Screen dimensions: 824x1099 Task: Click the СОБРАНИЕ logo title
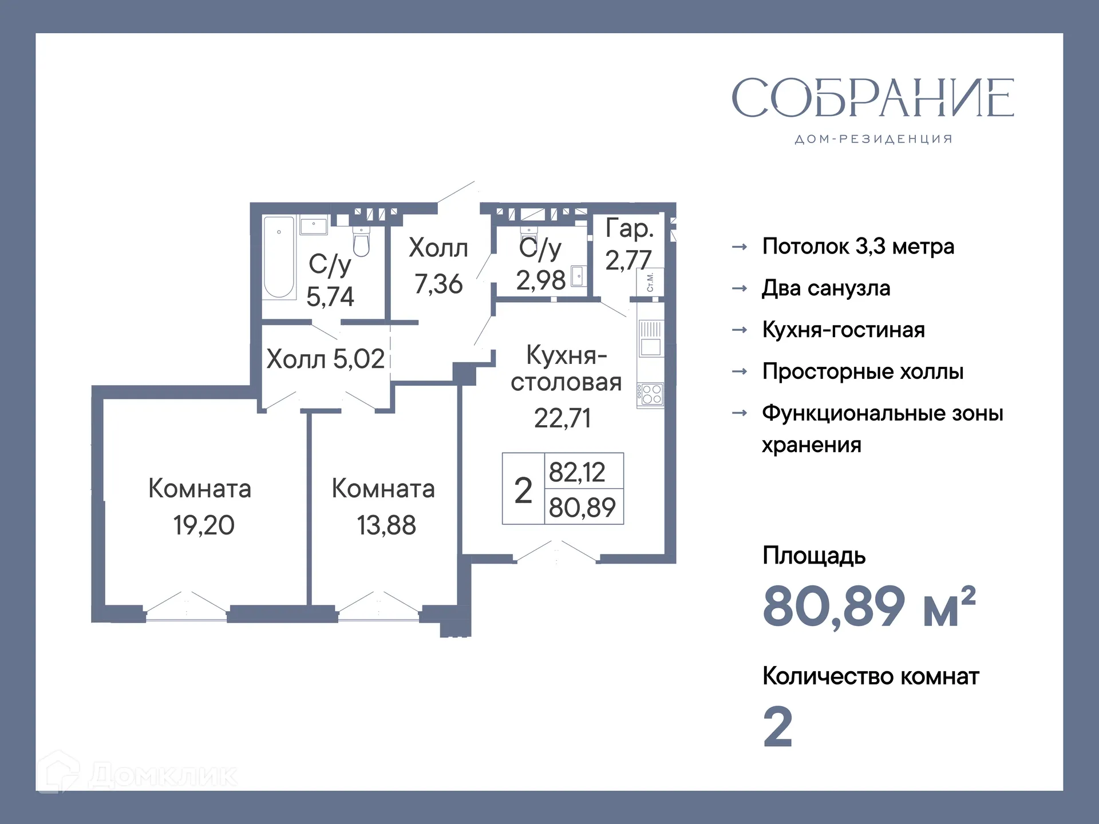tap(872, 98)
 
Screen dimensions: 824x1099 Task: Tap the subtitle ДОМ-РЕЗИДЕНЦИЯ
tap(873, 139)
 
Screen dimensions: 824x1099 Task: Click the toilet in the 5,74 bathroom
tap(361, 241)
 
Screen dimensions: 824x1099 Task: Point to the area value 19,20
tap(204, 525)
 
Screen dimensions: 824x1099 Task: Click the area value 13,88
tap(386, 525)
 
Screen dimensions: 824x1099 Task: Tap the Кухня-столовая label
tap(566, 369)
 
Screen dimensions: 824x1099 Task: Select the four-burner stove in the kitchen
tap(651, 394)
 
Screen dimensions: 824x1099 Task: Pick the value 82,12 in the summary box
tap(577, 472)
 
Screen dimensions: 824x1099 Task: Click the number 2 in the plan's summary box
tap(523, 490)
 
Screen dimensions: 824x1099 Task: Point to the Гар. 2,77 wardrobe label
tap(629, 244)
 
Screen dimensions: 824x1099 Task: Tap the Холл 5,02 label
tap(325, 359)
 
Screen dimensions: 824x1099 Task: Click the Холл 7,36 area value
tap(438, 284)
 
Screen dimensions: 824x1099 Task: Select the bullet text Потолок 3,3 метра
tap(857, 247)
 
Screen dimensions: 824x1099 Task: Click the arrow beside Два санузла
tap(740, 288)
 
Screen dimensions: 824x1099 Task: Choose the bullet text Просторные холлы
tap(863, 372)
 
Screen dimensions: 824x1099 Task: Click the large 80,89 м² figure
tap(868, 607)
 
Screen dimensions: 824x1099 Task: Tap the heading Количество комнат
tap(870, 676)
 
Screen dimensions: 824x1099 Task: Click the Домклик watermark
tap(137, 775)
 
